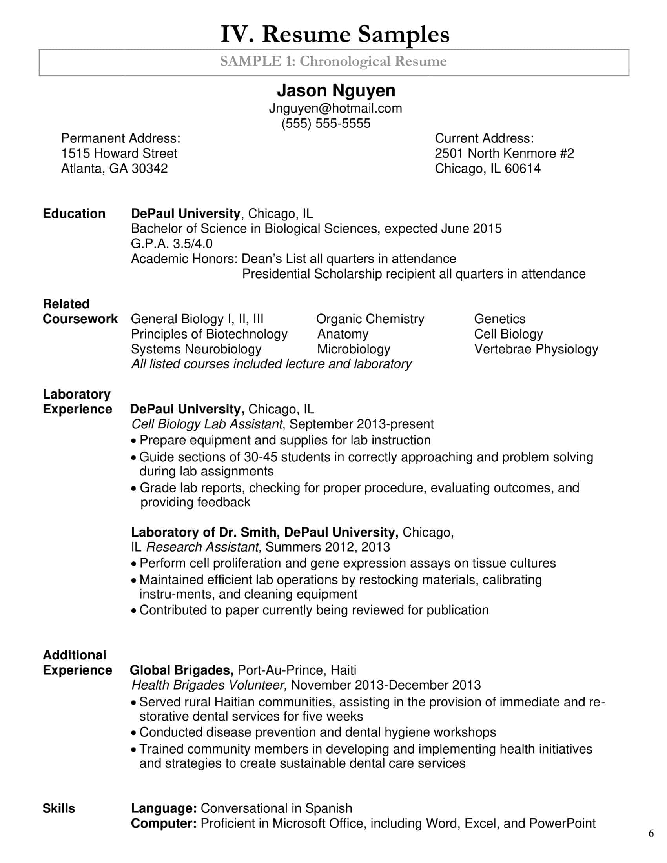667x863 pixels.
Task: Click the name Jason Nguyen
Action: [x=336, y=91]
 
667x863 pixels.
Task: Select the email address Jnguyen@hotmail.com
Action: [x=335, y=108]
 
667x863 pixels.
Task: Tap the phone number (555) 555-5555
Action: [x=326, y=123]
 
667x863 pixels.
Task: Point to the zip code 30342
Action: [x=149, y=169]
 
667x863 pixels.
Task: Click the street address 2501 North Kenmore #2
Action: [x=504, y=153]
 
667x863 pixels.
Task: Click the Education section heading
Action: [x=74, y=214]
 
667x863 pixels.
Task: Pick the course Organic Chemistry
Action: [x=370, y=319]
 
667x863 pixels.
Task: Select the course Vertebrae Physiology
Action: [x=536, y=349]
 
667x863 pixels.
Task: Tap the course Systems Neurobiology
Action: [x=196, y=349]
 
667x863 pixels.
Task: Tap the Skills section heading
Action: [x=58, y=808]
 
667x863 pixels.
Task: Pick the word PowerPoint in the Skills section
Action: [x=562, y=824]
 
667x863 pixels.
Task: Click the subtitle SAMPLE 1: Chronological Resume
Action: [x=333, y=62]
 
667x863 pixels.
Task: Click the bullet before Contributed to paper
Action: [x=134, y=611]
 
